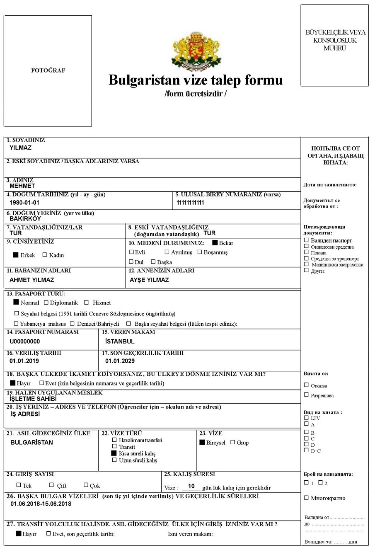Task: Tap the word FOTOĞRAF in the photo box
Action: pyautogui.click(x=48, y=70)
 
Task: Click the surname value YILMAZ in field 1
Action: pyautogui.click(x=21, y=148)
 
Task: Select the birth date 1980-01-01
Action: pyautogui.click(x=24, y=203)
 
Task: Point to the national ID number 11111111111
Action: pyautogui.click(x=190, y=203)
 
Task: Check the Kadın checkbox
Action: pyautogui.click(x=45, y=255)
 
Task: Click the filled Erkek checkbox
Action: pyautogui.click(x=16, y=255)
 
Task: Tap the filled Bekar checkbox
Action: pyautogui.click(x=215, y=243)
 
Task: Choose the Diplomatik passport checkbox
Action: pyautogui.click(x=46, y=303)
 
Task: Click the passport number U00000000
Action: pyautogui.click(x=25, y=341)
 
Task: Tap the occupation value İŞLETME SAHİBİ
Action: pyautogui.click(x=33, y=399)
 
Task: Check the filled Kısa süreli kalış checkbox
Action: pyautogui.click(x=114, y=454)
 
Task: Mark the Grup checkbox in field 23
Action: pyautogui.click(x=232, y=442)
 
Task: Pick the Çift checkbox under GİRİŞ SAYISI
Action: pyautogui.click(x=52, y=485)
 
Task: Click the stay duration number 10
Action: pyautogui.click(x=191, y=486)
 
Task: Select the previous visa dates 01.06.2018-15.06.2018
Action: pyautogui.click(x=41, y=504)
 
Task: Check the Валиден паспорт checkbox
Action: pyautogui.click(x=306, y=240)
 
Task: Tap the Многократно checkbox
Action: pyautogui.click(x=306, y=498)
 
